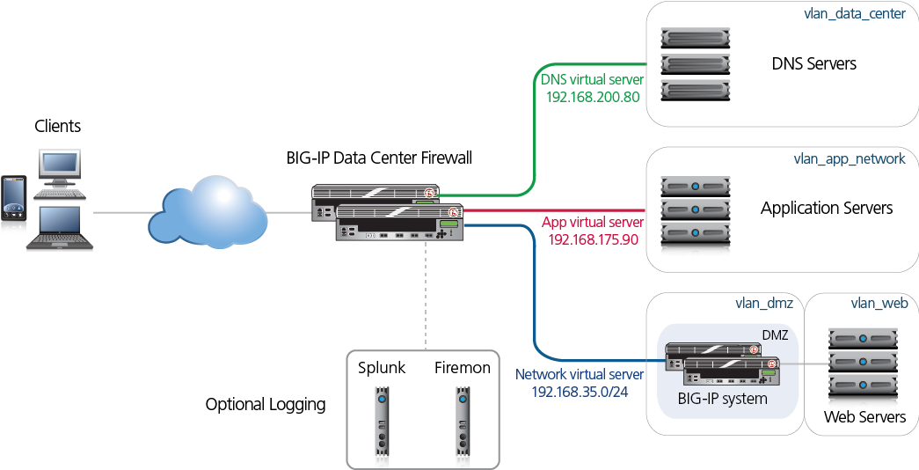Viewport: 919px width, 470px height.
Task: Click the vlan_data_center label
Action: (x=855, y=15)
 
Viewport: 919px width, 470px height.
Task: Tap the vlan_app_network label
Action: (x=849, y=159)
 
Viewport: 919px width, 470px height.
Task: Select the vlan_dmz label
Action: (x=764, y=304)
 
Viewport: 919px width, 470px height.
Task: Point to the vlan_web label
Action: (x=879, y=304)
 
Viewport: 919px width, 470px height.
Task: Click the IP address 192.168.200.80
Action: (x=593, y=96)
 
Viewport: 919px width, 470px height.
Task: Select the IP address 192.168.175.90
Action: (x=594, y=239)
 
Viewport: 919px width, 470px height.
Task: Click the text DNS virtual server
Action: (x=592, y=80)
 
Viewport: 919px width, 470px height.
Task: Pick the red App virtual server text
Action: (x=593, y=223)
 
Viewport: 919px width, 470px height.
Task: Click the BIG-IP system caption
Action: (x=722, y=399)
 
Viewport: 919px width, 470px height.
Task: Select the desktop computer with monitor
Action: (x=59, y=171)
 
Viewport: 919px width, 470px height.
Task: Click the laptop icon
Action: (x=59, y=229)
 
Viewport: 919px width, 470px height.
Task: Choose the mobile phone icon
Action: (x=14, y=205)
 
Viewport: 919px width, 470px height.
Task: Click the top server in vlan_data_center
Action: (x=695, y=38)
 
